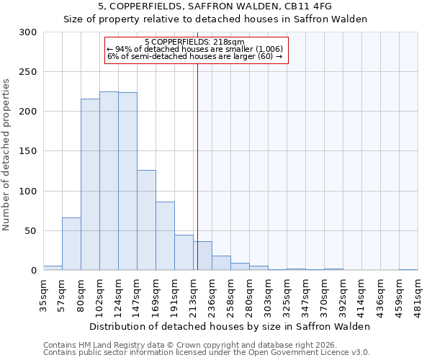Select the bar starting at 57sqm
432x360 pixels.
coord(71,243)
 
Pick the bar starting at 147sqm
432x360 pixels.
coord(146,220)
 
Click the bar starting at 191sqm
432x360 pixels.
coord(184,252)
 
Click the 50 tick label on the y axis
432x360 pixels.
coord(31,231)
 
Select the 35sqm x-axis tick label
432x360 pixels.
coord(43,295)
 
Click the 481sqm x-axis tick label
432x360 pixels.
coord(418,295)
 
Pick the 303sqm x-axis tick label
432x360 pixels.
coord(268,295)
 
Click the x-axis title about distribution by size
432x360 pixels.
coord(230,326)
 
